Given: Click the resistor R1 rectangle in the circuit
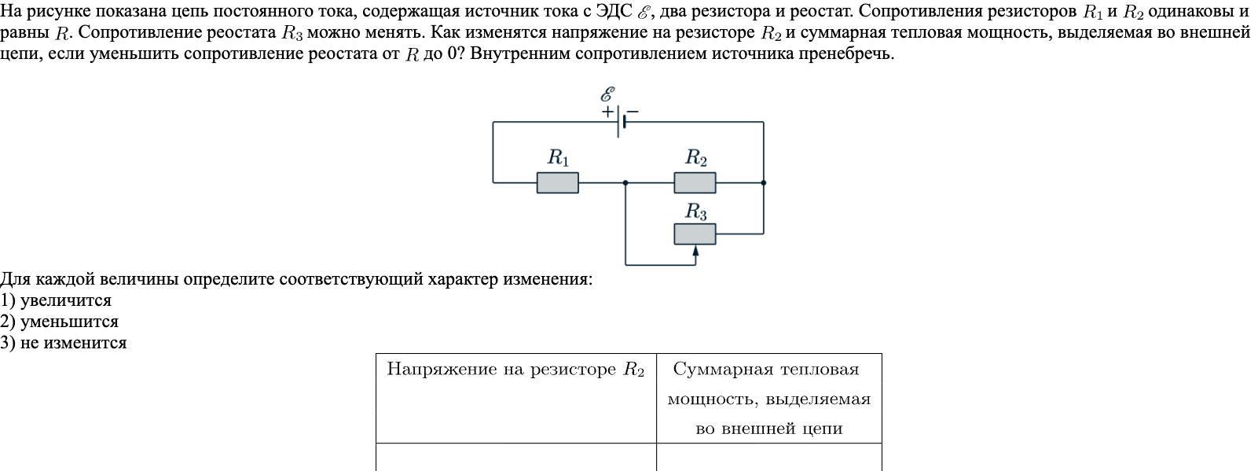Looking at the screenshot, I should (557, 183).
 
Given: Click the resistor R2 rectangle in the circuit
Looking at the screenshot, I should (695, 183).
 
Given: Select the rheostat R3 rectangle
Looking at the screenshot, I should (695, 234).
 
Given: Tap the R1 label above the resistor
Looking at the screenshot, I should (558, 158).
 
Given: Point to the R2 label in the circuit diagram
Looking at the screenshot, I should (696, 158).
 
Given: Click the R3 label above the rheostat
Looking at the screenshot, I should (696, 211).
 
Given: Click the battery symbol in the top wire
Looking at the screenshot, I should (621, 122).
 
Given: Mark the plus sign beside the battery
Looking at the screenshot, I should (608, 112).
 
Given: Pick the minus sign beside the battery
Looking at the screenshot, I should (632, 112).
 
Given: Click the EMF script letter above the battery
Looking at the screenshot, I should (607, 94).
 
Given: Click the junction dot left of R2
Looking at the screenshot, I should (625, 183).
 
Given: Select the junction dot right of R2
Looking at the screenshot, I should (764, 183).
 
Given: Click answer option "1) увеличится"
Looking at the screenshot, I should (56, 300).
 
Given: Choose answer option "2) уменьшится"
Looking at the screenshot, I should (59, 322).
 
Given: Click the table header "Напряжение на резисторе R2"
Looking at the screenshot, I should (515, 370).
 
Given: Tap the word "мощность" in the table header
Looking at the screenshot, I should (712, 399).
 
